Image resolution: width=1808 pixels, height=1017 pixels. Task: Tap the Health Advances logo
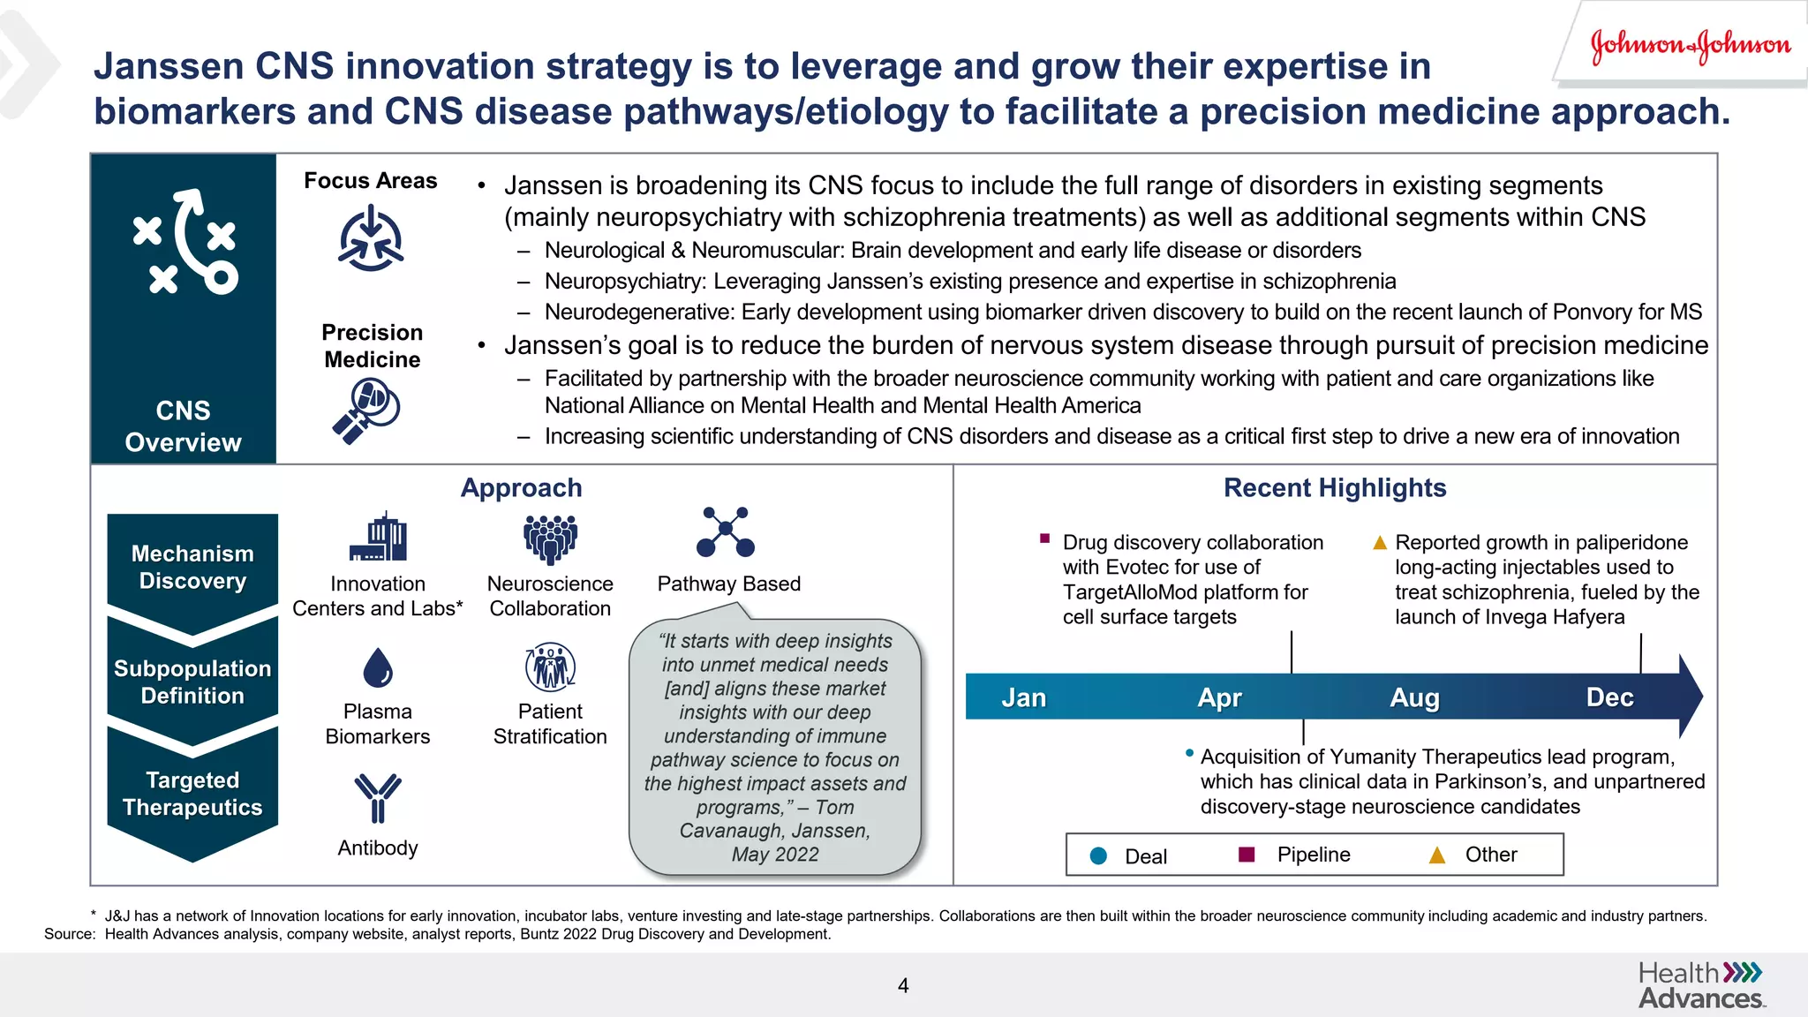point(1700,985)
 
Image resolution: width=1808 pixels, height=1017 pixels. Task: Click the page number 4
point(903,985)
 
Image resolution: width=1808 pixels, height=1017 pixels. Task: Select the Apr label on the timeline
point(1219,697)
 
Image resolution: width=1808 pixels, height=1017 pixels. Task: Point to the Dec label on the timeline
point(1609,697)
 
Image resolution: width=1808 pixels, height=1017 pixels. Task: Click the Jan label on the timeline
point(1023,697)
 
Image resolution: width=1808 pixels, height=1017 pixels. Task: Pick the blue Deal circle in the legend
point(1098,855)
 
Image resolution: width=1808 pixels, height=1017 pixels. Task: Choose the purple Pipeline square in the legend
point(1247,854)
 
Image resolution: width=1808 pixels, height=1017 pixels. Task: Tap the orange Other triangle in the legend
point(1437,855)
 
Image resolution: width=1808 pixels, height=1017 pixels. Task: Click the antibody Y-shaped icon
point(378,797)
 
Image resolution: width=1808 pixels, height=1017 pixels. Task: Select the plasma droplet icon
point(378,667)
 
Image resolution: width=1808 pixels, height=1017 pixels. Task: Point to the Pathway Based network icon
point(726,531)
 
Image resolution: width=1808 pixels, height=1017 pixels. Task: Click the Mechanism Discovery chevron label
point(192,567)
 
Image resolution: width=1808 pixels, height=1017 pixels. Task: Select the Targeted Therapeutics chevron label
point(192,793)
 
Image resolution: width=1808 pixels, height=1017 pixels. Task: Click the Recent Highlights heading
point(1334,488)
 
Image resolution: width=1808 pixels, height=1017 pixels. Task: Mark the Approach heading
point(521,488)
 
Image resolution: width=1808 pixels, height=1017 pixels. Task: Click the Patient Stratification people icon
point(550,667)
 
